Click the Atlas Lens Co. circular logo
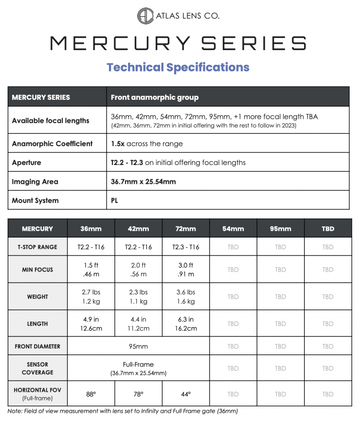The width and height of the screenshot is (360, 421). coord(145,16)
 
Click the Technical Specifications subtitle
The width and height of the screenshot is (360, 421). coord(178,67)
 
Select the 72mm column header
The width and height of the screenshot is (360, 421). coord(185,228)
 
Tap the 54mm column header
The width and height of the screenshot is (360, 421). coord(233,228)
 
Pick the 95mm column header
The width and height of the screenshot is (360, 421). coord(280,228)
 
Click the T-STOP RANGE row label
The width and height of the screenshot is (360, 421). coord(37,247)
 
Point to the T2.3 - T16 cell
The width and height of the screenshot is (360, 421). coord(185,247)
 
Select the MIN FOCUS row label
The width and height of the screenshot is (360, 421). coord(37,270)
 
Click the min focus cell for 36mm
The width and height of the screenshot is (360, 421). coord(90,270)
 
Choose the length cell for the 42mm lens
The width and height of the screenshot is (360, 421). coord(138,324)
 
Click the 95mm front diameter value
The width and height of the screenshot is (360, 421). coord(138,347)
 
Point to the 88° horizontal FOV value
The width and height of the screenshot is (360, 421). coord(90,394)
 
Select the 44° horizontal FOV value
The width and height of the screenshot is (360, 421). coord(185,394)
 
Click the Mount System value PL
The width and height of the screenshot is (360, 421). coord(115,201)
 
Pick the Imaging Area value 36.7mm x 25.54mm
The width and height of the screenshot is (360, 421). coord(144,182)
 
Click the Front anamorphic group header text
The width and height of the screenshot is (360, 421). coord(155,97)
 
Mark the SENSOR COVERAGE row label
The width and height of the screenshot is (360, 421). coord(37,368)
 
